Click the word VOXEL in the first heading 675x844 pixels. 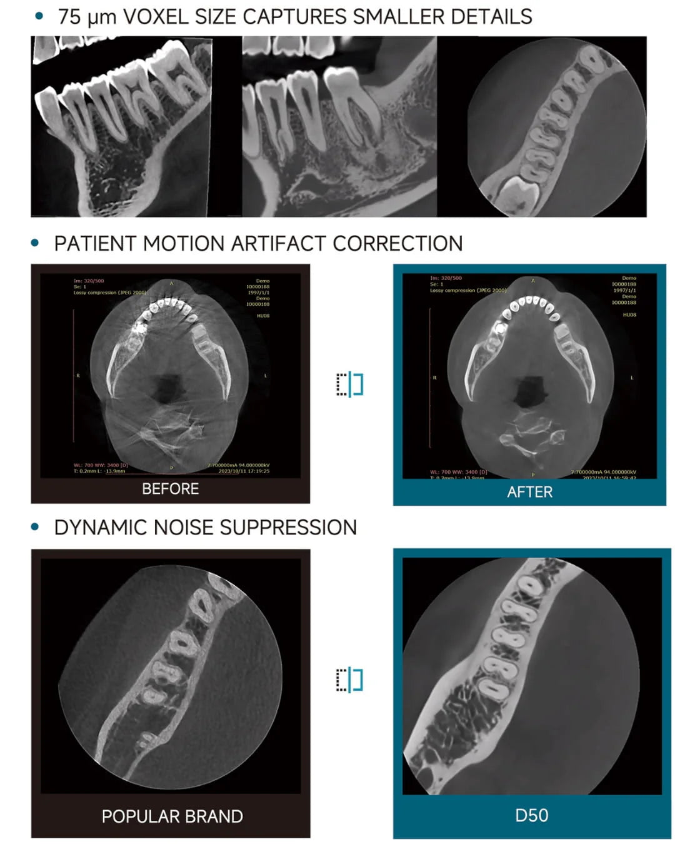156,17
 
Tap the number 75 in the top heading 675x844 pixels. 69,17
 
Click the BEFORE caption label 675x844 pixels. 170,489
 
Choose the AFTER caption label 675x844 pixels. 529,492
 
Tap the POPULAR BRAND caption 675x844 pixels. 172,816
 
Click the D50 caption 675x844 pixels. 531,815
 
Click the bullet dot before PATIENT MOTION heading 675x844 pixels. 35,243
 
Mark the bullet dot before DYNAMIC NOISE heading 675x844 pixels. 35,527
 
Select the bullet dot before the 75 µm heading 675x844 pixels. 39,16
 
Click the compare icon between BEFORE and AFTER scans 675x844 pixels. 350,384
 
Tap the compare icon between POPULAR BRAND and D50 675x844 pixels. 350,680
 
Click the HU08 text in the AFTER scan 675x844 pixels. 629,315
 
